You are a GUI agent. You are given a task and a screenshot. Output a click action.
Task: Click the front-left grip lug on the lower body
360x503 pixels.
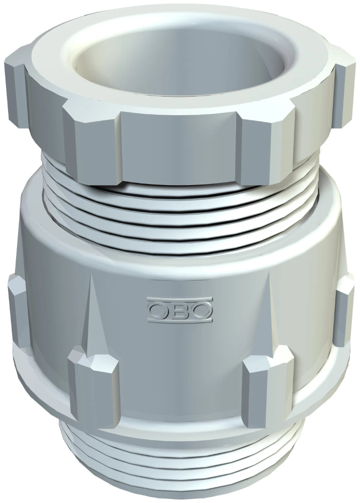(93, 387)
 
